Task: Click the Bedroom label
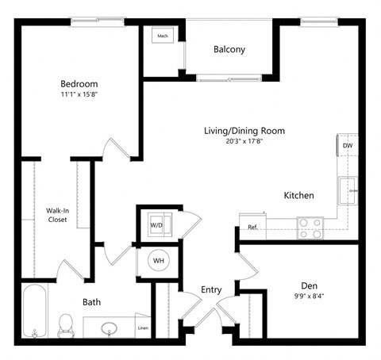tap(79, 84)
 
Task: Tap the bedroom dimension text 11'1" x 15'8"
tap(79, 95)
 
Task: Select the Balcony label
tap(229, 50)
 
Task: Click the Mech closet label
tap(163, 36)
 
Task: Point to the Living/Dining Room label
tap(244, 131)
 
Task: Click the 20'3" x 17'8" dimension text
tap(244, 142)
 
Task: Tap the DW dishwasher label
tap(347, 146)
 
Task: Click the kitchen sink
tap(347, 191)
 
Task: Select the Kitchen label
tap(299, 195)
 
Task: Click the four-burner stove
tap(310, 228)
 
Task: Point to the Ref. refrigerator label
tap(252, 228)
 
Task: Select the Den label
tap(309, 285)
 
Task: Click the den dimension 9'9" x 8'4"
tap(309, 297)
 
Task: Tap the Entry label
tap(211, 289)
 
